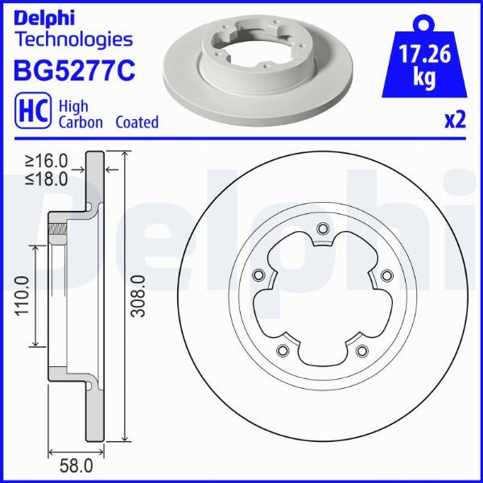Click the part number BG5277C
coord(72,69)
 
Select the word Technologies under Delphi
coord(72,39)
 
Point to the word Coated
coord(137,122)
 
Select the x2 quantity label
coord(455,121)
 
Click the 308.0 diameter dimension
coord(138,295)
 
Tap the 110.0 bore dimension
coord(22,295)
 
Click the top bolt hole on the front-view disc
coord(322,229)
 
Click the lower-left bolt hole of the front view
coord(283,349)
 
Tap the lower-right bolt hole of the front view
coord(361,349)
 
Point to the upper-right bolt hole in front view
coord(386,275)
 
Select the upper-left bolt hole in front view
coord(258,275)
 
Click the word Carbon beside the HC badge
coord(80,122)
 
